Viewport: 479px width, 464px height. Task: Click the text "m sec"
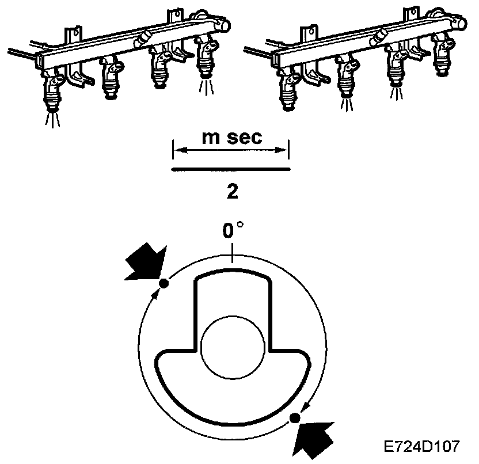point(232,138)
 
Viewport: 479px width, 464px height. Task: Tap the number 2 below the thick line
point(233,192)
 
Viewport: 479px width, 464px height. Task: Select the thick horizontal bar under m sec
point(231,169)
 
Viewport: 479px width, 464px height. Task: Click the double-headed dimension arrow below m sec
point(231,151)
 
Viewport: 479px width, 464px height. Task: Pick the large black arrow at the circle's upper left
point(146,264)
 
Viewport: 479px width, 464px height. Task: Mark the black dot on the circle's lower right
point(296,418)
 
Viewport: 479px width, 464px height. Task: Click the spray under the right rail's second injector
point(345,104)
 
